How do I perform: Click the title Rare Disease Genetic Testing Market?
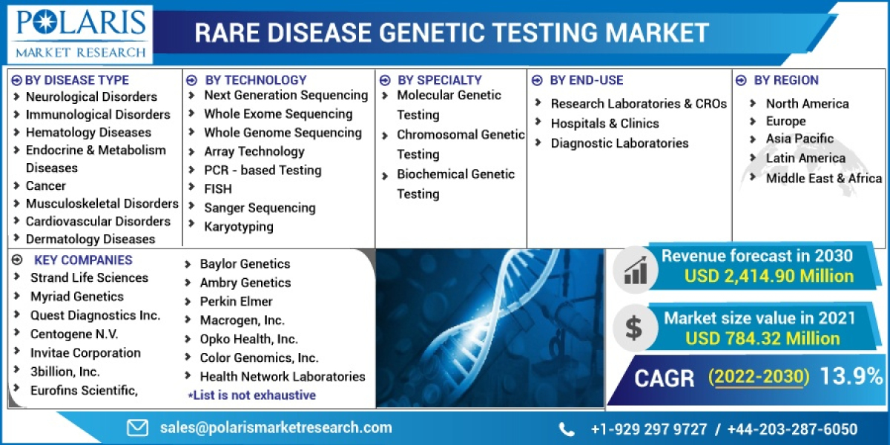(x=451, y=33)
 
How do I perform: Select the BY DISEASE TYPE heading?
(x=76, y=80)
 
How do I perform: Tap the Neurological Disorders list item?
(x=91, y=96)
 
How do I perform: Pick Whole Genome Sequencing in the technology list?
(x=283, y=133)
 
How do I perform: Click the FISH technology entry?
(x=218, y=189)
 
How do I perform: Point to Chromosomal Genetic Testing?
(x=460, y=145)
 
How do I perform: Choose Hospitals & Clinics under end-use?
(x=604, y=123)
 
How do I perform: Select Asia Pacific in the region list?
(x=800, y=139)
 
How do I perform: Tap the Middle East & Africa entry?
(x=823, y=178)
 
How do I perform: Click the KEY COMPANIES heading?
(x=83, y=260)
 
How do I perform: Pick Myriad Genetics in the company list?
(x=77, y=297)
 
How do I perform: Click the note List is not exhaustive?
(x=251, y=395)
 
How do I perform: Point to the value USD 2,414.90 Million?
(x=769, y=276)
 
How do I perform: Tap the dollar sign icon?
(x=634, y=326)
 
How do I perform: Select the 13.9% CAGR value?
(x=851, y=377)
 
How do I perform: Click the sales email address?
(x=276, y=427)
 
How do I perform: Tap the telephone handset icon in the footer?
(x=567, y=429)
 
